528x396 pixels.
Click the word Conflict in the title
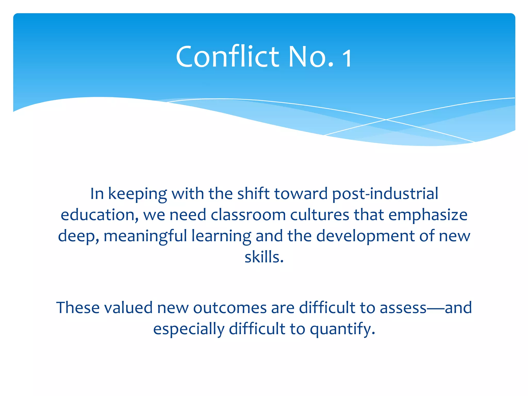227,56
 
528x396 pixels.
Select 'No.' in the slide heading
311,56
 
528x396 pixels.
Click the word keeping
137,194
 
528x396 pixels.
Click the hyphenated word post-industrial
385,194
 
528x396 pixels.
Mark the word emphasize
428,215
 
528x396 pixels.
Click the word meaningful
145,236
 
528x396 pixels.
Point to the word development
365,236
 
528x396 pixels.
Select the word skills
264,257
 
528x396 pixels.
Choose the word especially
189,329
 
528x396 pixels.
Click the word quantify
342,330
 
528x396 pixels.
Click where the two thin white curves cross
386,120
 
